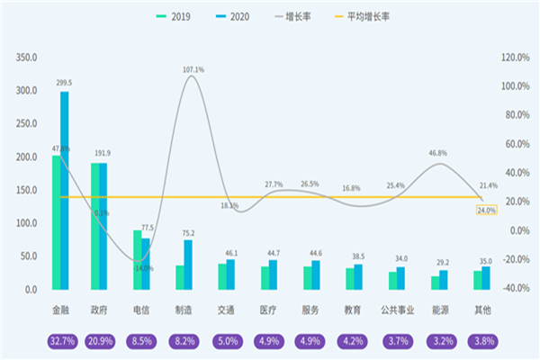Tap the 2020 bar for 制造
tap(188, 265)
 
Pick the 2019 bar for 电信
tap(138, 260)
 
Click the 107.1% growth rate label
tap(193, 69)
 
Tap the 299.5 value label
tap(64, 83)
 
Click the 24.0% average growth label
tap(487, 210)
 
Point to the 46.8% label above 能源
tap(438, 154)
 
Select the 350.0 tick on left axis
tap(25, 58)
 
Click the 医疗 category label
tap(267, 310)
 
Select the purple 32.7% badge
tap(60, 342)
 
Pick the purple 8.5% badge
tap(142, 342)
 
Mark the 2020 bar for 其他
tap(486, 278)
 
